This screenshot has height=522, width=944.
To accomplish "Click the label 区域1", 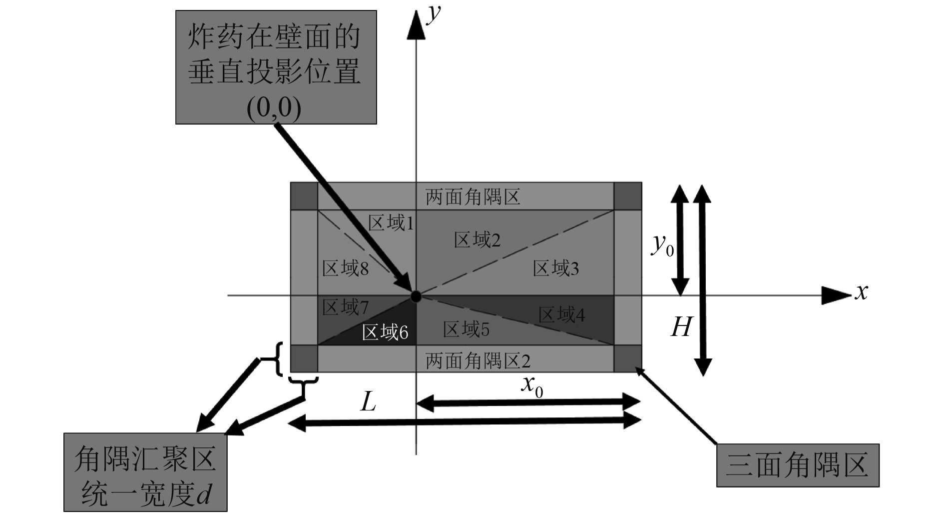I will pos(391,223).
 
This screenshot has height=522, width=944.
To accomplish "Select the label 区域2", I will pos(477,240).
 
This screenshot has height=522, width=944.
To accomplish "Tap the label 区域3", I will pos(555,268).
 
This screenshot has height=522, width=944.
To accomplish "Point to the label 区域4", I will pos(561,315).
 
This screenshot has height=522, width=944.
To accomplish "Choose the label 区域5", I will pos(466,329).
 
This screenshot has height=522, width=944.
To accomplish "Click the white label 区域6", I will pos(385,332).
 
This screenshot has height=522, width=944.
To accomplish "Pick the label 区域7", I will pos(345,307).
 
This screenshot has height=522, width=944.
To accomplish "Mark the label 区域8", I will pos(345,268).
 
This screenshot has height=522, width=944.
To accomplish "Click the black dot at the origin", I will pos(416,296).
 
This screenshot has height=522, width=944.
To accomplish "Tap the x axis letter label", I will pos(861,291).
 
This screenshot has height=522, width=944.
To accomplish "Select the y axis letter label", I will pos(434,12).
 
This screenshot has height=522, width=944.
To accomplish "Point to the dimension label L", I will pos(368,401).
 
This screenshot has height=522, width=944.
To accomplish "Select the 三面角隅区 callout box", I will pos(798,465).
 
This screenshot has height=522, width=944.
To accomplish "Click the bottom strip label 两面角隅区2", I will pos(477,360).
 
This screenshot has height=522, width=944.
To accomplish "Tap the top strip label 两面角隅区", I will pos(472,197).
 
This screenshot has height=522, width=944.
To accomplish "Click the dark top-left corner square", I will pos(304,196).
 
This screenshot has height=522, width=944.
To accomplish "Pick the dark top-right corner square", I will pos(628,196).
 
